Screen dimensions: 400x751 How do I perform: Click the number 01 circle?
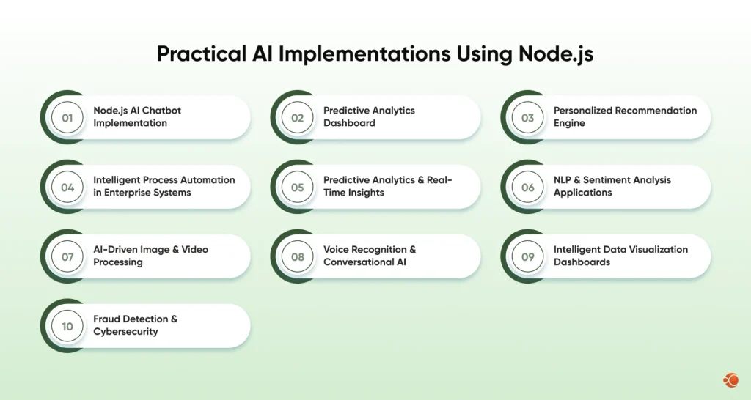(x=67, y=117)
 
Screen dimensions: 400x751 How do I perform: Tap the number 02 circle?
(x=298, y=117)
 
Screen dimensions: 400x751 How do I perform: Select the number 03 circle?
(x=528, y=117)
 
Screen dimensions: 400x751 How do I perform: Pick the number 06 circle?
(x=528, y=187)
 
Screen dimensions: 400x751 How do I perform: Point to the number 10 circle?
(x=67, y=326)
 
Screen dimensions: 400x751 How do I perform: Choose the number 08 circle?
(x=298, y=256)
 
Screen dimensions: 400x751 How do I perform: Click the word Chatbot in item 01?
(x=161, y=111)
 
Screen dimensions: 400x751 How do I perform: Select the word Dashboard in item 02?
(x=349, y=123)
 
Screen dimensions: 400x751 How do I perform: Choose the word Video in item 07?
(x=194, y=250)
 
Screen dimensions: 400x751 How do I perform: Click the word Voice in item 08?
(x=337, y=250)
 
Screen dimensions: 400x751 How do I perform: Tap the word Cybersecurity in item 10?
(x=125, y=332)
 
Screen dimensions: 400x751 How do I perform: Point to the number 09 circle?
(x=528, y=256)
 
